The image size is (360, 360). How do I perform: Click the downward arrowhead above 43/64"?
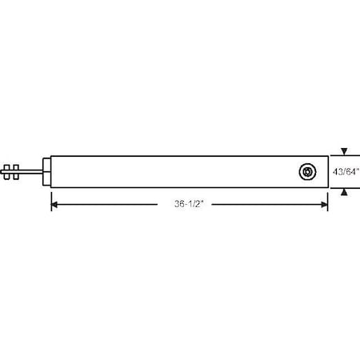344,151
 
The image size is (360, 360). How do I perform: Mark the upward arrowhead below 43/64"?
344,191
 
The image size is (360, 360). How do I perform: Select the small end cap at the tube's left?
46,170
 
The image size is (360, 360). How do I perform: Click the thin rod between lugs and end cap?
30,170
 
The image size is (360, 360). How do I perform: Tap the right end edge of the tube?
328,171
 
